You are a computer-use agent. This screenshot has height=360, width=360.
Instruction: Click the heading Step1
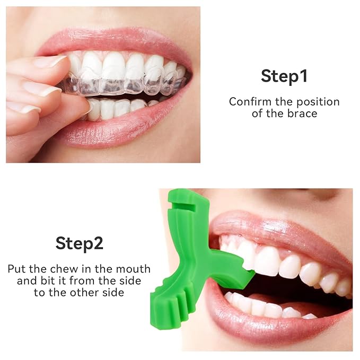pos(284,76)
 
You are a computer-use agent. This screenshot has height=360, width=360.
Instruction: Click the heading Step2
pos(80,243)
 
